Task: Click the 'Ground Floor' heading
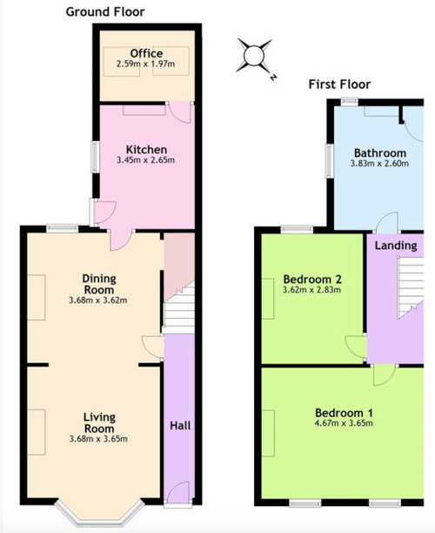105,11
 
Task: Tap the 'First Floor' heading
339,84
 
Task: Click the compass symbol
255,57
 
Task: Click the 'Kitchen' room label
146,149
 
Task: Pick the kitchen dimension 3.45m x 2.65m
146,160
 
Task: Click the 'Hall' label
180,426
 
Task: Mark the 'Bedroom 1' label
344,412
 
